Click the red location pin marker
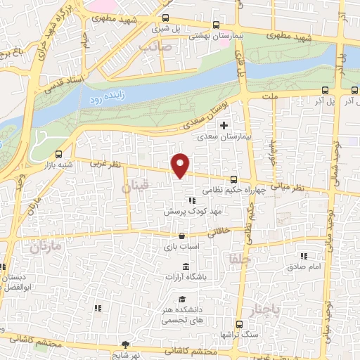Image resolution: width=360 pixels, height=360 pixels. pyautogui.click(x=181, y=165)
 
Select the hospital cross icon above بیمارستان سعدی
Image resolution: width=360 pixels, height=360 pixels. pyautogui.click(x=224, y=126)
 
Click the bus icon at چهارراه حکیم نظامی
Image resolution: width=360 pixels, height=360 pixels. pyautogui.click(x=233, y=180)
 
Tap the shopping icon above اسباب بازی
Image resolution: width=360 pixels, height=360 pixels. pyautogui.click(x=182, y=237)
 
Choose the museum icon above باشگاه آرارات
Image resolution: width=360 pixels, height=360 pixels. pyautogui.click(x=186, y=266)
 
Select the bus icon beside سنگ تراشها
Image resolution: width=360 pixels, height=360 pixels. pyautogui.click(x=239, y=325)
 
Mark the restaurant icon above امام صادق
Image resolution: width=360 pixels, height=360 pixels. pyautogui.click(x=304, y=257)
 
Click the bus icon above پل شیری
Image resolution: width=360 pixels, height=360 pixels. pyautogui.click(x=165, y=19)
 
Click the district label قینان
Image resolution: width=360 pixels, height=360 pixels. pyautogui.click(x=135, y=188)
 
